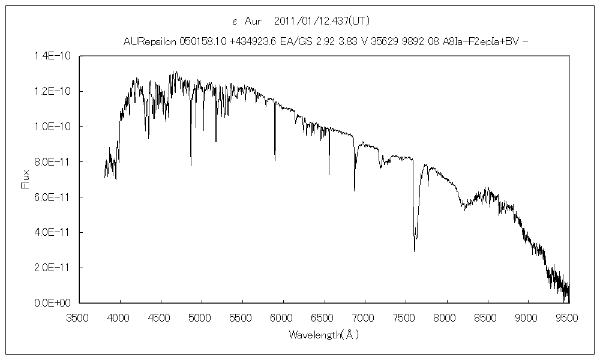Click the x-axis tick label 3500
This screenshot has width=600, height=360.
[79, 316]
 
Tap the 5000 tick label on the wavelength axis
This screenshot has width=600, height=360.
[202, 316]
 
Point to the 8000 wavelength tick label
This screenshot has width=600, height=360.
[446, 316]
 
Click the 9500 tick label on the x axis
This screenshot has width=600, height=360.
[568, 316]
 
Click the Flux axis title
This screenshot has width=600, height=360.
[25, 179]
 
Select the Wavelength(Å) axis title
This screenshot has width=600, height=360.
[323, 334]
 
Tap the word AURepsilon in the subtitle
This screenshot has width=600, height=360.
[149, 41]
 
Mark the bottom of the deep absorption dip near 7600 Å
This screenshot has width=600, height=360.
[414, 251]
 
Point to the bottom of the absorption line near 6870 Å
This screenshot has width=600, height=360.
[354, 190]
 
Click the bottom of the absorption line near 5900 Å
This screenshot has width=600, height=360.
[275, 160]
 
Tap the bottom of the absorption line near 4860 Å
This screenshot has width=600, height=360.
[191, 166]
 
